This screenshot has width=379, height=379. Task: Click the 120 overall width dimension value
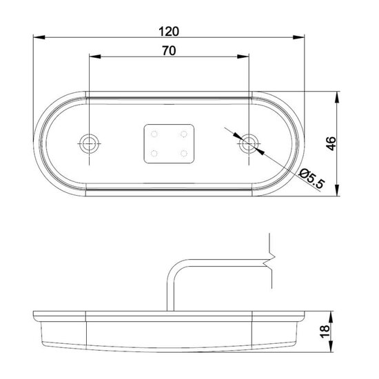pyautogui.click(x=169, y=32)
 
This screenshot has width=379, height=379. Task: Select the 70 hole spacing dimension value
pyautogui.click(x=169, y=51)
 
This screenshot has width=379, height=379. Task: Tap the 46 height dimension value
pyautogui.click(x=331, y=143)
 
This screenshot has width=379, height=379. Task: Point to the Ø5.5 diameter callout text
pyautogui.click(x=311, y=179)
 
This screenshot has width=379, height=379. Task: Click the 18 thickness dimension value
pyautogui.click(x=325, y=331)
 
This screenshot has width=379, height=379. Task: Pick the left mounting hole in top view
pyautogui.click(x=90, y=143)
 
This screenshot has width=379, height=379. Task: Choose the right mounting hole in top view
pyautogui.click(x=249, y=143)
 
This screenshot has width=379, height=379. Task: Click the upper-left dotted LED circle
pyautogui.click(x=154, y=134)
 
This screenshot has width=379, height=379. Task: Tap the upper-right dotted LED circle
pyautogui.click(x=184, y=134)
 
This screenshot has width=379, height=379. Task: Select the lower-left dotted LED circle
pyautogui.click(x=154, y=153)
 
